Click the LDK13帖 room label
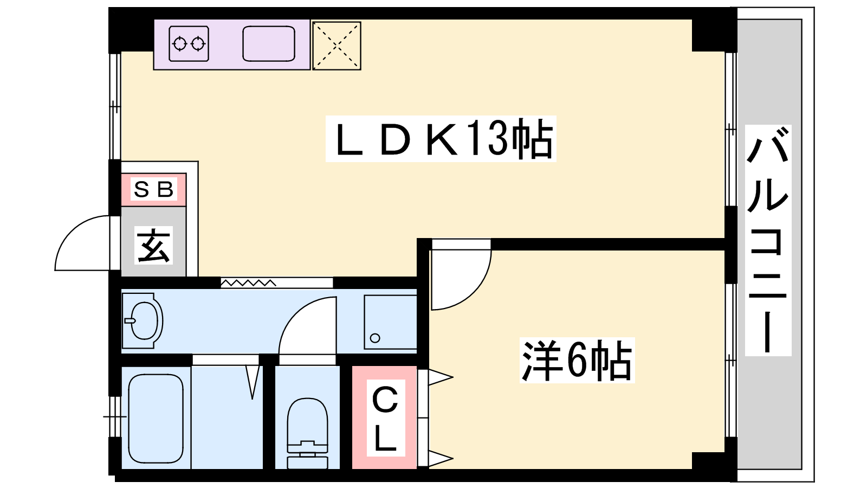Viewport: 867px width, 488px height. tap(441, 139)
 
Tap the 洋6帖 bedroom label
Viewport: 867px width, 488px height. tap(577, 361)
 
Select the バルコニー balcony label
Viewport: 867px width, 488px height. tap(768, 240)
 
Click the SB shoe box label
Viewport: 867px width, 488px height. tap(154, 189)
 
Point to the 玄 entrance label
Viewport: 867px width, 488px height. tap(154, 246)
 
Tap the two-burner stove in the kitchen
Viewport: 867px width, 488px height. tap(189, 43)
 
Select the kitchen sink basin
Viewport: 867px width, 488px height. tap(269, 43)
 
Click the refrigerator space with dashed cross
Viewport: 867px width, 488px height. tap(337, 46)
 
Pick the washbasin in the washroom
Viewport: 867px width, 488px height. tap(143, 320)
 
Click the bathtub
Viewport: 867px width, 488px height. tap(156, 418)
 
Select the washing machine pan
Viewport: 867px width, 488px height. tap(390, 322)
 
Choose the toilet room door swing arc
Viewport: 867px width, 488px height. tap(307, 326)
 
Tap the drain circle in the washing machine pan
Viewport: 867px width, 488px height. tap(375, 339)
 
